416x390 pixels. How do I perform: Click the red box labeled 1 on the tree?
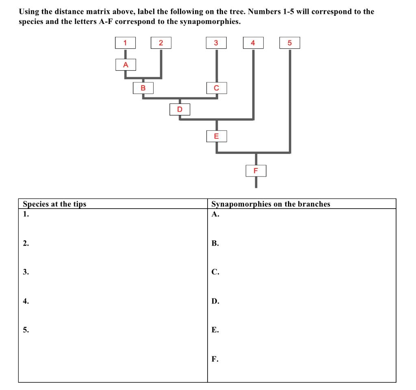125,43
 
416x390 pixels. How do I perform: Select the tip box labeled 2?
161,43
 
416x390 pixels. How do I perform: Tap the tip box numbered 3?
216,43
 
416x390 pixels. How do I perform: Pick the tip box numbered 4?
253,43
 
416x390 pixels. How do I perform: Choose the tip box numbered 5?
290,43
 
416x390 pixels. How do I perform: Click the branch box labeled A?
126,65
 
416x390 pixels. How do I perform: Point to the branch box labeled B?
143,87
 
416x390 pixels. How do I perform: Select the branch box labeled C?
216,87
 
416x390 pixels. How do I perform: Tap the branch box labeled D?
180,109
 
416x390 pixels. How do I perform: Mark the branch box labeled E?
216,136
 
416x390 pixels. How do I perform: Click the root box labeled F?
256,170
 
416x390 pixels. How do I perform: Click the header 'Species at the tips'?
54,204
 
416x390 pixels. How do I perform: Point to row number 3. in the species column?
26,272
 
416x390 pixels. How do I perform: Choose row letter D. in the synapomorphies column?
215,301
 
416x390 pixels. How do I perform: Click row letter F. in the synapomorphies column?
215,359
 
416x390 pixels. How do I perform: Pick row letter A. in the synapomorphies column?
215,214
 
